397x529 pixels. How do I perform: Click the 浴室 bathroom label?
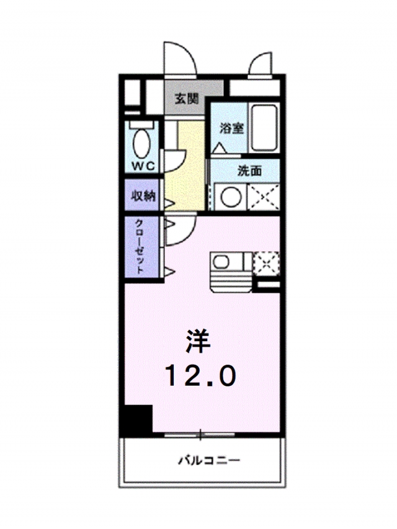click(x=232, y=128)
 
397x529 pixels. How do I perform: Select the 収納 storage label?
click(x=142, y=195)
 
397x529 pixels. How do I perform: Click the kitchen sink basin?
click(x=224, y=263)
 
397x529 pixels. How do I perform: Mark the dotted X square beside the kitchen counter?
click(x=266, y=263)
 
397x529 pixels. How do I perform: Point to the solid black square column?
click(x=137, y=420)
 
